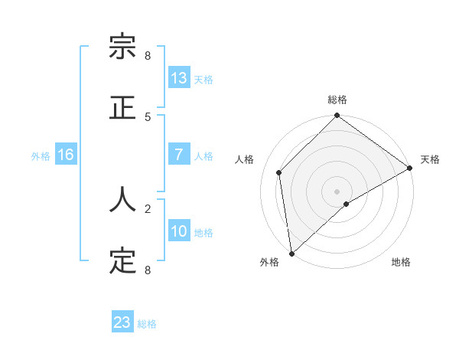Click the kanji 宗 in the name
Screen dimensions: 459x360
point(122,47)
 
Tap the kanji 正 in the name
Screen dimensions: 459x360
point(122,107)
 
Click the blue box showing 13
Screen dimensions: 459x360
point(179,78)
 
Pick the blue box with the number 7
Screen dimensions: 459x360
point(179,155)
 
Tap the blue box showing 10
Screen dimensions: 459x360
point(179,231)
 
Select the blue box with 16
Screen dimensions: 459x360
point(66,155)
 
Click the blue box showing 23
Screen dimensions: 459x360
point(122,322)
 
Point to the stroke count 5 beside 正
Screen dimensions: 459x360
point(148,116)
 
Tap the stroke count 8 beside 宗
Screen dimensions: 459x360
point(148,55)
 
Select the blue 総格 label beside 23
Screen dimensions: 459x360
point(147,324)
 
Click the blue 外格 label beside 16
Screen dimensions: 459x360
point(41,156)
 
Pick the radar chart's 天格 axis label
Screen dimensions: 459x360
point(430,159)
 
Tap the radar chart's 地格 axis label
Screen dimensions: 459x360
point(401,263)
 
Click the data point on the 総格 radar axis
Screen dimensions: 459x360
point(337,116)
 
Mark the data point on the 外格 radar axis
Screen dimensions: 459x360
point(291,253)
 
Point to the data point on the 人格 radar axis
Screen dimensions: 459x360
point(279,172)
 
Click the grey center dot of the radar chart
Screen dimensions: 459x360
point(337,191)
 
